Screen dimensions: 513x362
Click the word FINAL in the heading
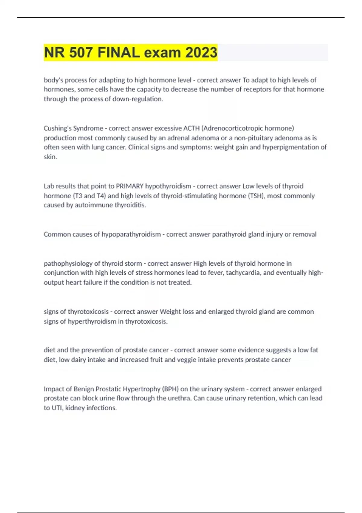[119, 53]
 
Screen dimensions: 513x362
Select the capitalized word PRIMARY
[130, 186]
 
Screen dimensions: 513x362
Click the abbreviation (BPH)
[170, 389]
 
